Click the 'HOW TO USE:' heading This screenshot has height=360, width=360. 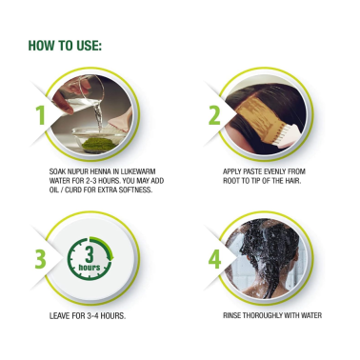[65, 46]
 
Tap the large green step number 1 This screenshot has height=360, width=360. [40, 115]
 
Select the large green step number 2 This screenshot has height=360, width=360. [214, 115]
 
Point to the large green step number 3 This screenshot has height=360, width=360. [40, 259]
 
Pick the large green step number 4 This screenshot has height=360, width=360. [214, 259]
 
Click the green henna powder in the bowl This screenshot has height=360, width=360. [99, 145]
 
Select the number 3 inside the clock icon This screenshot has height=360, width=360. [90, 254]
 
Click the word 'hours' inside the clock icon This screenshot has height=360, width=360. [90, 268]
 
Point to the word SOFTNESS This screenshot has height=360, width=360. [135, 190]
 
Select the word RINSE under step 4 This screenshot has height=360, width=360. [231, 315]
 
